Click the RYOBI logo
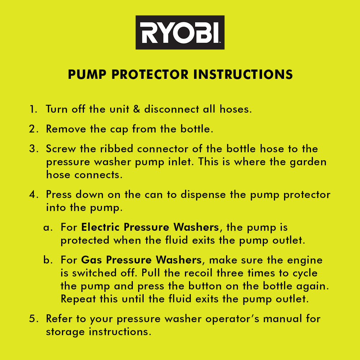(180, 32)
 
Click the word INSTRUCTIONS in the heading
(243, 75)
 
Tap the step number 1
(33, 109)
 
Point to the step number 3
(33, 149)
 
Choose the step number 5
(33, 319)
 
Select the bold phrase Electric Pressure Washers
(150, 227)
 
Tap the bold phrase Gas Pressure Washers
(141, 260)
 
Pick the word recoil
(197, 273)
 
